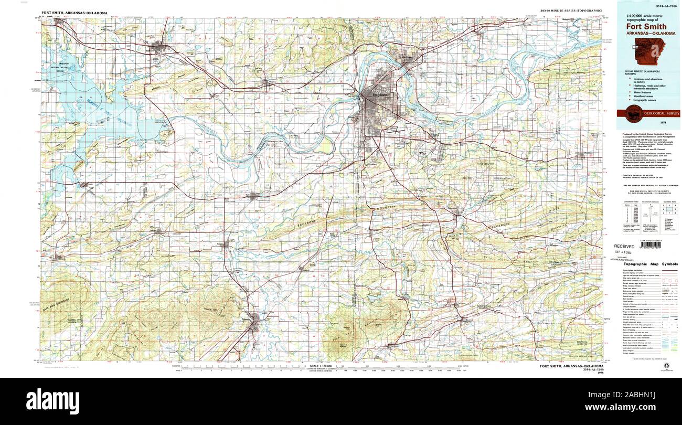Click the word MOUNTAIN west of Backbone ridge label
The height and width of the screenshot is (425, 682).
[x=386, y=209]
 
